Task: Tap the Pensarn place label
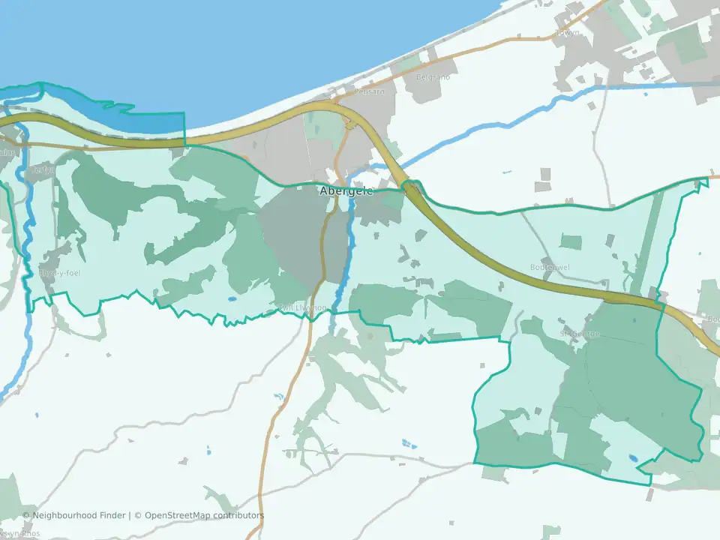pos(369,91)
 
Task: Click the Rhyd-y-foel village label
pos(60,273)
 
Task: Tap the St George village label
pos(580,334)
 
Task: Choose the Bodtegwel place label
pos(550,267)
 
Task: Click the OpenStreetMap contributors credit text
pos(204,515)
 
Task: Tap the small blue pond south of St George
pos(634,457)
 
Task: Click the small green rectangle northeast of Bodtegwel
pos(571,241)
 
